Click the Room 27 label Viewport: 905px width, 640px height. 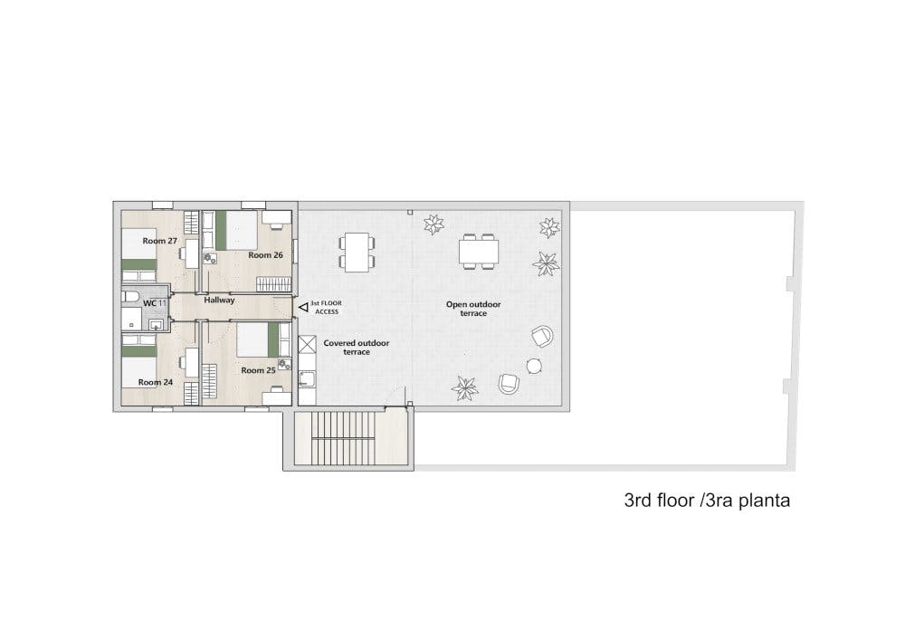pos(160,241)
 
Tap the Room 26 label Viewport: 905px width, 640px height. pos(265,254)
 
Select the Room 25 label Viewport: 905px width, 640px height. pos(258,370)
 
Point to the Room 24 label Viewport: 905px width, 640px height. pos(156,382)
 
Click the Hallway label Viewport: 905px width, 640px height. pos(219,301)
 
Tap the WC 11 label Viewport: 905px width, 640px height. pos(155,303)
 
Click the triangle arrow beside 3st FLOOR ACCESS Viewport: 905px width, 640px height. pos(303,308)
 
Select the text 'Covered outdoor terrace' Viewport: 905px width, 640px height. pos(356,347)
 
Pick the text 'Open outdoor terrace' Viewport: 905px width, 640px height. pos(473,308)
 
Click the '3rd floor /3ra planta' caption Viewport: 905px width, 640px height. pos(707,500)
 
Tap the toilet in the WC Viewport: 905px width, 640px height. pos(129,297)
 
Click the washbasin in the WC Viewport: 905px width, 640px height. pos(156,325)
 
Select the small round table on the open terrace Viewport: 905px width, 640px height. pos(534,366)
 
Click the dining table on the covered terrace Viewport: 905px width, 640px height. pos(356,253)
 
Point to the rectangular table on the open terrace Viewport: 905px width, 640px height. pos(479,252)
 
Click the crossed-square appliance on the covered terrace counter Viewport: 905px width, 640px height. pos(307,345)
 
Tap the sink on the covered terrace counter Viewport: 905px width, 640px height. pos(307,378)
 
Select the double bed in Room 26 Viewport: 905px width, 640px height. pos(236,230)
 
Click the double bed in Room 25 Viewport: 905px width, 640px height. pos(263,339)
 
